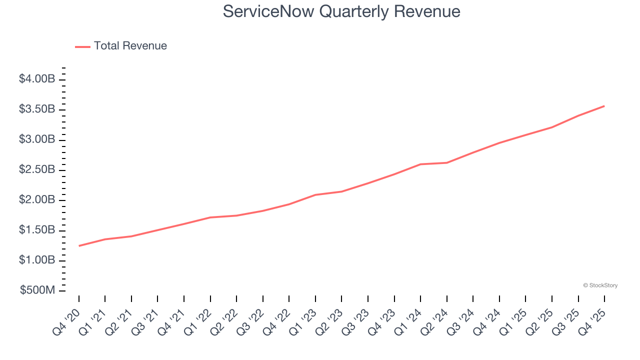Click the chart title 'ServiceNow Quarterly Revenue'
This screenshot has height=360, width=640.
click(341, 11)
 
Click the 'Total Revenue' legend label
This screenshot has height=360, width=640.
click(130, 46)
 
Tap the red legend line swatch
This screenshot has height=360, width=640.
click(82, 46)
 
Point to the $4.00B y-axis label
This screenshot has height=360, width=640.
click(37, 79)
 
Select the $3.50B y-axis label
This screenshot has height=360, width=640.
click(37, 109)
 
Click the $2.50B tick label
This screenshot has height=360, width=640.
click(37, 169)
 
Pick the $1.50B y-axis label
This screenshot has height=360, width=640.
click(37, 230)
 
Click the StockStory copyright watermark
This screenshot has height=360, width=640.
click(600, 285)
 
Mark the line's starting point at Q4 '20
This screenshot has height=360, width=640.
click(79, 245)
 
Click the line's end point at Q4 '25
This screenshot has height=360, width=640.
click(604, 106)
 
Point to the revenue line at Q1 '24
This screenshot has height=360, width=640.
click(420, 164)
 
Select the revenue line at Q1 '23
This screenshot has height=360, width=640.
click(315, 194)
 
